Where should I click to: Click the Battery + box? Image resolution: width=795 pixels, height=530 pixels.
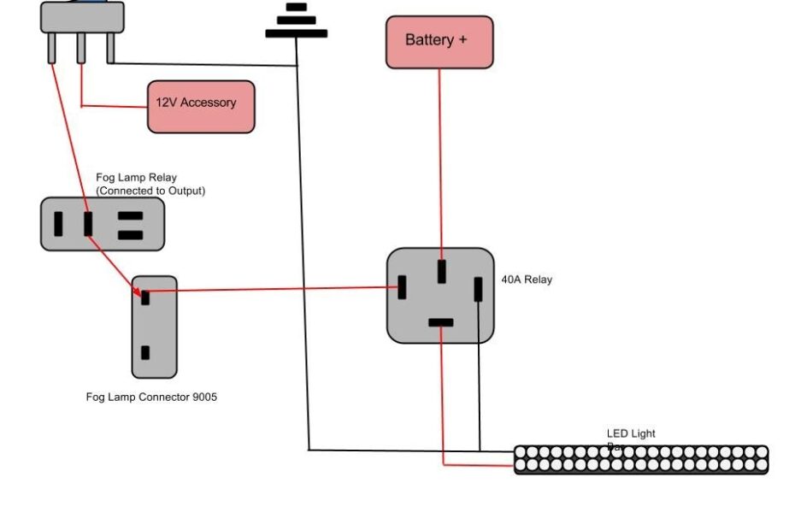point(439,41)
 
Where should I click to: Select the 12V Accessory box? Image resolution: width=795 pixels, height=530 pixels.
point(201,106)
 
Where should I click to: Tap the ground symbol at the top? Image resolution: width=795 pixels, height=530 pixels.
point(296,21)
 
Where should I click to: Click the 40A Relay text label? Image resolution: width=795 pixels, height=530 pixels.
point(527,280)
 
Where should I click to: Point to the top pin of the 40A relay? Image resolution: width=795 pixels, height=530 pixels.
point(441,271)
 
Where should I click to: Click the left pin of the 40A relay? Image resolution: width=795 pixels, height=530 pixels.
point(402,287)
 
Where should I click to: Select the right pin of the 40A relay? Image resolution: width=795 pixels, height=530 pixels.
point(479,289)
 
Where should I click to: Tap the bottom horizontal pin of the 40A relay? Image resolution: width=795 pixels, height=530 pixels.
point(440,322)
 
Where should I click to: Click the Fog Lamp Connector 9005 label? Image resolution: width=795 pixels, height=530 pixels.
point(151,397)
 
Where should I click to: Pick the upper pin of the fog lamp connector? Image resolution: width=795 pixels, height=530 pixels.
point(145,297)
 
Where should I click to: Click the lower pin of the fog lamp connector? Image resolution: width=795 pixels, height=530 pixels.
point(145,352)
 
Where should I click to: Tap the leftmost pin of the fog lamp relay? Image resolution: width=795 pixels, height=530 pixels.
point(58,224)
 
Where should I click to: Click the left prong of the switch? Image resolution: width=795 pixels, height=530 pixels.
point(52,48)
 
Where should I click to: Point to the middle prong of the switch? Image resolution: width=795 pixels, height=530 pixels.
point(81,48)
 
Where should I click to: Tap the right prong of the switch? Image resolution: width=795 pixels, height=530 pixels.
point(110,48)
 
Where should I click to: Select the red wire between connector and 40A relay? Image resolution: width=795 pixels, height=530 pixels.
point(274,289)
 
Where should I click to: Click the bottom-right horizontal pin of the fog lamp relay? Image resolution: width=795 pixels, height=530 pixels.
point(130,235)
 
